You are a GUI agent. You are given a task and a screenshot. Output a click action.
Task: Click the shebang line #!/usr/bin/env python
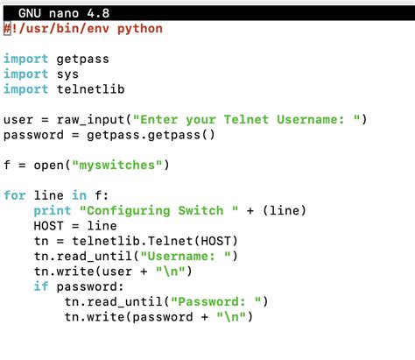[x=83, y=28]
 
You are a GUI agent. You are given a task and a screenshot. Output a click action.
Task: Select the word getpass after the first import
[x=84, y=59]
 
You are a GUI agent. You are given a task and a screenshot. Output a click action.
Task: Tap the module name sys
[x=68, y=74]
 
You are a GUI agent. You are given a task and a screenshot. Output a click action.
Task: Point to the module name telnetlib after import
[x=91, y=88]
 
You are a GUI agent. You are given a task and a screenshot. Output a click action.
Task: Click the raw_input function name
[x=91, y=119]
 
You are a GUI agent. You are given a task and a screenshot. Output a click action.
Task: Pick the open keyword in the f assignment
[x=49, y=165]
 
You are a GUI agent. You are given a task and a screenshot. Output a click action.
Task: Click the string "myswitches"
[x=118, y=165]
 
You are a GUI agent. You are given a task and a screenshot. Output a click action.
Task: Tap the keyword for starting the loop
[x=15, y=195]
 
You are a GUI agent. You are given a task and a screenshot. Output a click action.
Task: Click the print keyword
[x=53, y=210]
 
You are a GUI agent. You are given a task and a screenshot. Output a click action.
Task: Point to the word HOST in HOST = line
[x=49, y=226]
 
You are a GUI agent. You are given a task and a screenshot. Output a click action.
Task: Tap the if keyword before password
[x=41, y=286]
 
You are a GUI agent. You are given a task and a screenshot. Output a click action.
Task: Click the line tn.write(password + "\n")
[x=158, y=317]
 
